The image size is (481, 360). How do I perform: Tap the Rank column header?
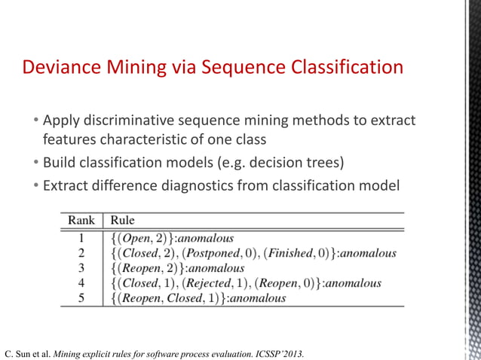tap(81, 221)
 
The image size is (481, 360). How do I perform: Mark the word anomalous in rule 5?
tap(257, 298)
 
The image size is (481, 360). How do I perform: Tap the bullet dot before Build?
tap(35, 162)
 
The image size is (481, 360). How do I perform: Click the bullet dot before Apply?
tap(35, 122)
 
